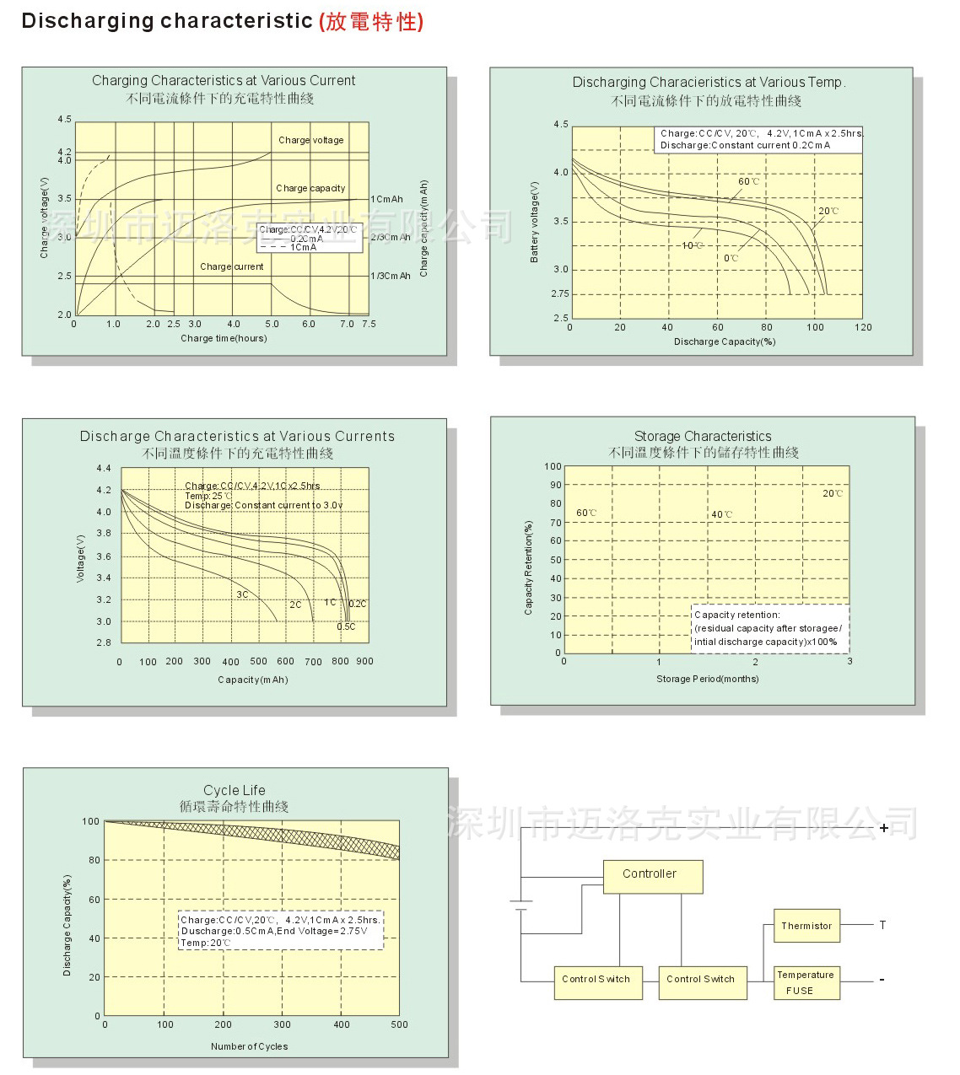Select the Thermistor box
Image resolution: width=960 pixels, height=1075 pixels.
click(806, 926)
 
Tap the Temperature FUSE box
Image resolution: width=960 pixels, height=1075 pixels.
click(806, 983)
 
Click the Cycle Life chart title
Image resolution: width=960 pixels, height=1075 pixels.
click(235, 790)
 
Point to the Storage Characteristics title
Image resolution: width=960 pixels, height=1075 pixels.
click(703, 436)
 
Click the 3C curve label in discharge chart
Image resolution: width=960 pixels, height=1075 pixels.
click(242, 594)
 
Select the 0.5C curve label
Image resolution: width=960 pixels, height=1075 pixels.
click(346, 626)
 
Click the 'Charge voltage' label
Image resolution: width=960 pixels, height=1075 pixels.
click(311, 140)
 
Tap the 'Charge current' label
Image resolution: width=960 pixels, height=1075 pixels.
click(232, 266)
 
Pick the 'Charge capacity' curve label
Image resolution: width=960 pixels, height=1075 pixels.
click(310, 188)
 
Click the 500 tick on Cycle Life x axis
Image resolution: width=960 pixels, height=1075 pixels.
click(399, 1024)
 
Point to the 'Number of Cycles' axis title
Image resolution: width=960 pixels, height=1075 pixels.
click(249, 1046)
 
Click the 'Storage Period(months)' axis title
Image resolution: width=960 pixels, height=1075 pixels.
click(707, 679)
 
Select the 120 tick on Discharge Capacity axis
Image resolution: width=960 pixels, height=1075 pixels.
click(863, 327)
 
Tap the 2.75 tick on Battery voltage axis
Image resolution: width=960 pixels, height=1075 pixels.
click(560, 293)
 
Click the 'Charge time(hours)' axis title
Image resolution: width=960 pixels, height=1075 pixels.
click(224, 338)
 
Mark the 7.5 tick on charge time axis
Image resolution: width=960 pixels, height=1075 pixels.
click(369, 324)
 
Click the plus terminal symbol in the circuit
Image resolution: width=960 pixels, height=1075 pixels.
click(883, 828)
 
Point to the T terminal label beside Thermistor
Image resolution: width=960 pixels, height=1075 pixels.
click(882, 925)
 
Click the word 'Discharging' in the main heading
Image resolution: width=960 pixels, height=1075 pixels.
click(78, 21)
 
